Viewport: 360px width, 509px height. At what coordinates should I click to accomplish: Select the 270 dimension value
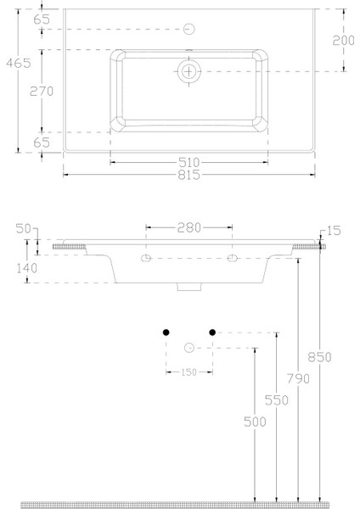click(x=42, y=92)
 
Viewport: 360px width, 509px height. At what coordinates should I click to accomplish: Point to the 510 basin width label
click(x=188, y=161)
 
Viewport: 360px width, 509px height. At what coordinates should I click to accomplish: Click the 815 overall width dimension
click(x=188, y=175)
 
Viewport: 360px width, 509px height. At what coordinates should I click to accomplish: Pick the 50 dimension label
click(x=22, y=228)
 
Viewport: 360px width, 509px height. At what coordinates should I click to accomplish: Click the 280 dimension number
click(x=188, y=227)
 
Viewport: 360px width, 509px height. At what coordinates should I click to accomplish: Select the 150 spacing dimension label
click(x=188, y=372)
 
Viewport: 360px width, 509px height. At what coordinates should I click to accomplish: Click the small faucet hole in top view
click(x=188, y=30)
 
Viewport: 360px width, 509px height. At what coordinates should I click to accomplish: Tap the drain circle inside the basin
click(x=188, y=71)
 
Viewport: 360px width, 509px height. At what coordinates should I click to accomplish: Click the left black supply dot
click(x=166, y=333)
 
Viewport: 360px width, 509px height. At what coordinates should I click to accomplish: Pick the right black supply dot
click(x=213, y=333)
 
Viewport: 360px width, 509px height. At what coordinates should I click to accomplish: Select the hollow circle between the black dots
click(x=188, y=346)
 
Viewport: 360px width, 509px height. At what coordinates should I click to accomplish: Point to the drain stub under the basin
click(x=188, y=288)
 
